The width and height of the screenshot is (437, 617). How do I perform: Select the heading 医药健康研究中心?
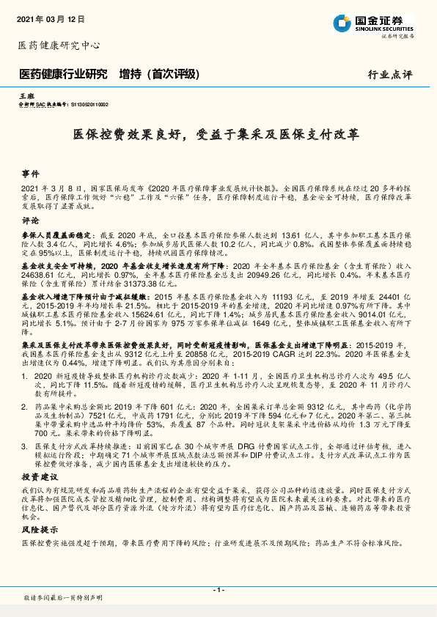pyautogui.click(x=58, y=45)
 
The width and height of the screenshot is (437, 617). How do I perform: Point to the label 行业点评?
pyautogui.click(x=389, y=75)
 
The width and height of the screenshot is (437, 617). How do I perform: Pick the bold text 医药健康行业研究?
pyautogui.click(x=63, y=74)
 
